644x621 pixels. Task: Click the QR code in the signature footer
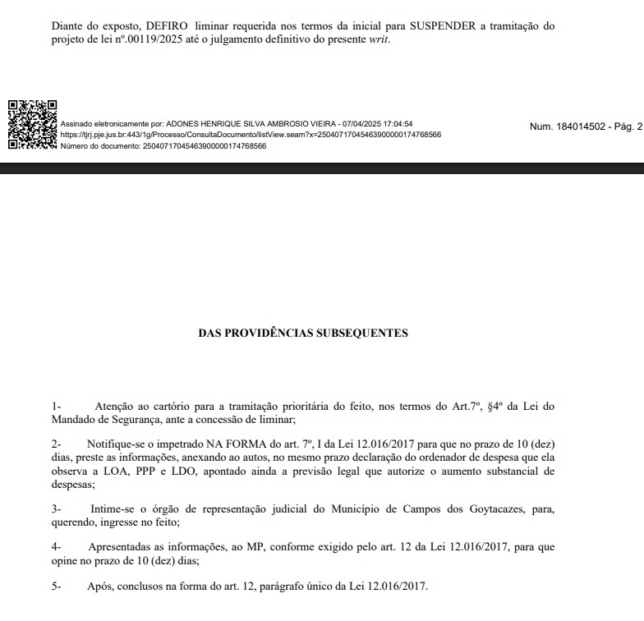(x=32, y=124)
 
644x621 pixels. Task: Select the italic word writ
(x=379, y=39)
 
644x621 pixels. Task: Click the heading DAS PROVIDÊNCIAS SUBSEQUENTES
(x=303, y=333)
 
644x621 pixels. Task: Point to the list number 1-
(x=56, y=406)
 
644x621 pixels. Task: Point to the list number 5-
(x=56, y=586)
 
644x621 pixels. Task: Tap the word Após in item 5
(x=99, y=586)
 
